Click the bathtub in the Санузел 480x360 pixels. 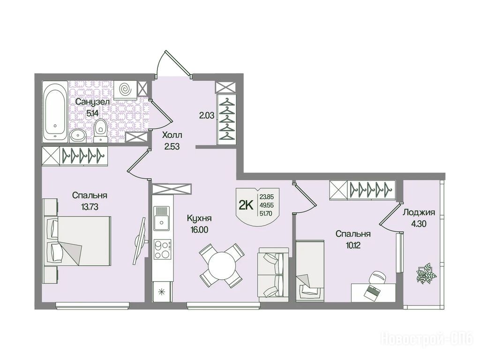[55, 112]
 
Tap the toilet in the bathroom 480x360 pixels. [100, 131]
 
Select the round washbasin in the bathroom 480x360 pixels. [78, 136]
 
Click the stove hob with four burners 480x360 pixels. [162, 250]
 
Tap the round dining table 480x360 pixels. [221, 265]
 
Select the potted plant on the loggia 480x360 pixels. [426, 273]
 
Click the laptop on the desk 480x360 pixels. [372, 292]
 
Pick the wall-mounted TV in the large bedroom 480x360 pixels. [139, 241]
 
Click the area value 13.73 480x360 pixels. [90, 207]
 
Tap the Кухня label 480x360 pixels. [199, 218]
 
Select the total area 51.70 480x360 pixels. [266, 214]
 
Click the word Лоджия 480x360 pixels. [419, 212]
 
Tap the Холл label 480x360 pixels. [172, 135]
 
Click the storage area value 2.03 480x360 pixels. [207, 116]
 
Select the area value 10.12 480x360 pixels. [353, 246]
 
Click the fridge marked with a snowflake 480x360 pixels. [162, 292]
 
